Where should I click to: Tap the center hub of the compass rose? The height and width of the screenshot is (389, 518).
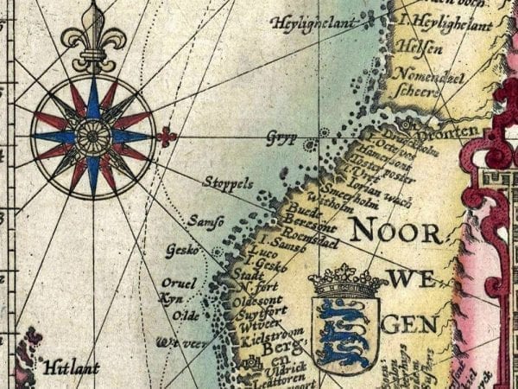pos(92,136)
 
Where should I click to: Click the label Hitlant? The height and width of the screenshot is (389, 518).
pos(73,367)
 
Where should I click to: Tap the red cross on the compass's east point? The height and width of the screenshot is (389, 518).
pos(167,136)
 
